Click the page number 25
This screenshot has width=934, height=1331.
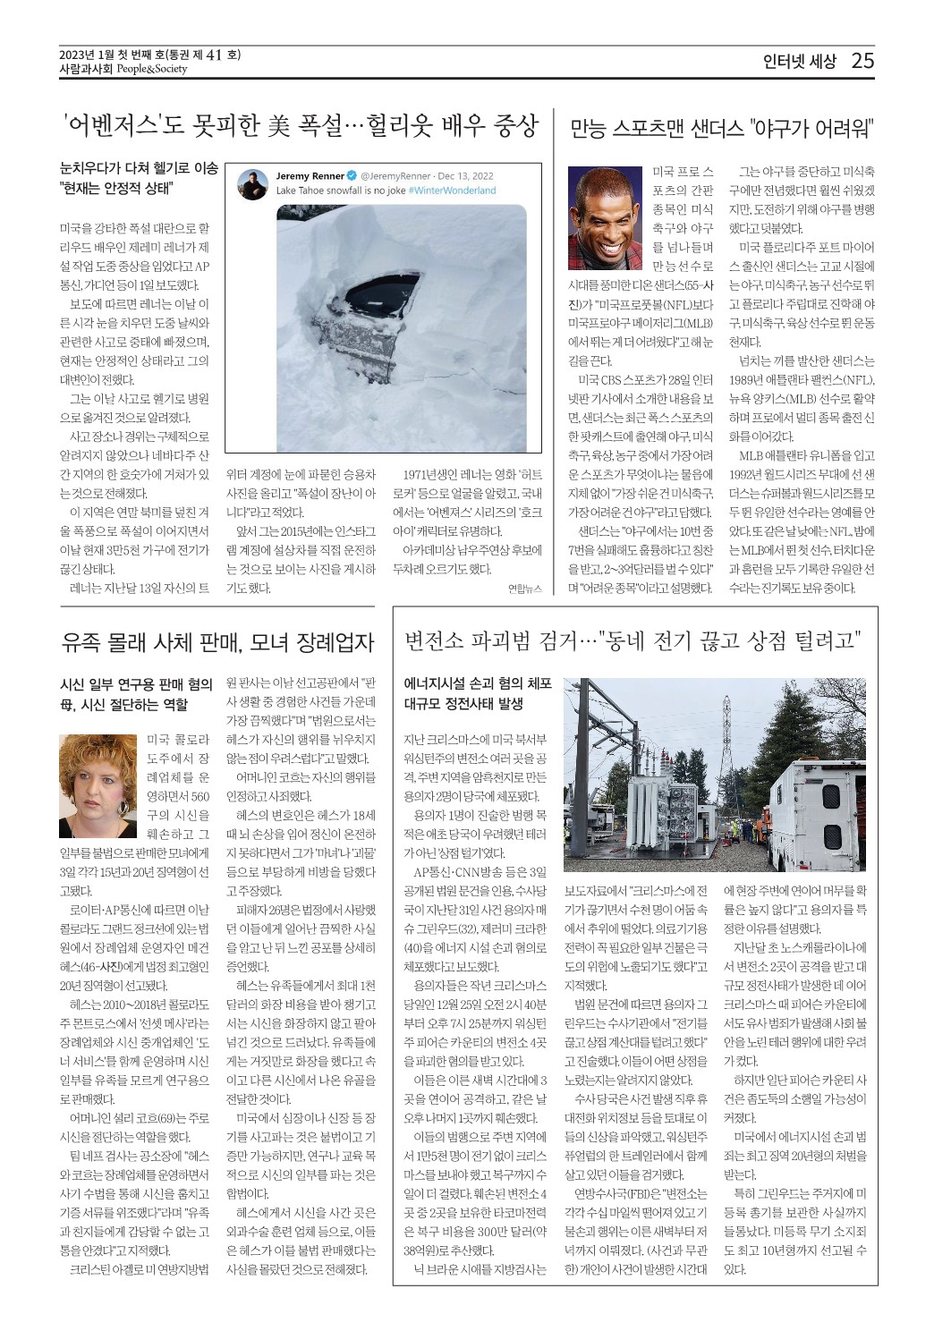[x=862, y=61]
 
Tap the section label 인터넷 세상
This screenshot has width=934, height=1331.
[x=799, y=62]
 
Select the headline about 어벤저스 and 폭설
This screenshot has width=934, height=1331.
[x=301, y=126]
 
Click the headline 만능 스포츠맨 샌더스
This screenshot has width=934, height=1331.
[x=721, y=128]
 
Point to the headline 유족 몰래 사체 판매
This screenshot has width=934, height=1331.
[x=217, y=641]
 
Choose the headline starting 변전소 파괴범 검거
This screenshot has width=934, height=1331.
[x=633, y=640]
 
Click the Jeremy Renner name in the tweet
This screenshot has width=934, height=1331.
[x=310, y=176]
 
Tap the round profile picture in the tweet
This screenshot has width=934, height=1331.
[x=253, y=183]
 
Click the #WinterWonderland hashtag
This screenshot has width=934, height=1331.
[x=452, y=191]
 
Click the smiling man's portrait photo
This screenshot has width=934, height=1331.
[x=606, y=216]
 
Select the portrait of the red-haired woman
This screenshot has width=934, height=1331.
[x=98, y=785]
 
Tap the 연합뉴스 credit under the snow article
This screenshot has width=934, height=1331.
[x=524, y=589]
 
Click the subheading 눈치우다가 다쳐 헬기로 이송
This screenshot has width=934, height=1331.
[x=139, y=168]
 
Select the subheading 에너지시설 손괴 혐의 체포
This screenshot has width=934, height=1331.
[x=478, y=684]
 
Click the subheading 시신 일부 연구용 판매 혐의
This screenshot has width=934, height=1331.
[x=136, y=685]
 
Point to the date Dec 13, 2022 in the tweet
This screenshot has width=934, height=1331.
[x=465, y=176]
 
